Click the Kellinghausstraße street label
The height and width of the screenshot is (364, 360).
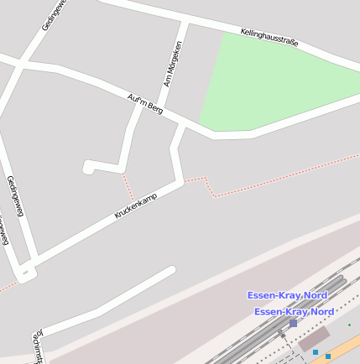coord(269,37)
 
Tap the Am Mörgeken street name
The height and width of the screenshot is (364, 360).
coord(173,64)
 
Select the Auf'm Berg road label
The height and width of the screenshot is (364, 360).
coord(144,103)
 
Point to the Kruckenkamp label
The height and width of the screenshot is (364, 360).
coord(135,205)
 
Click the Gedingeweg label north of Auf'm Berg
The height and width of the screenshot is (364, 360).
coord(55,14)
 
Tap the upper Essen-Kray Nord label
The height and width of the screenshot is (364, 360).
coord(286,295)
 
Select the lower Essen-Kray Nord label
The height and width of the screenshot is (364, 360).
coord(293,311)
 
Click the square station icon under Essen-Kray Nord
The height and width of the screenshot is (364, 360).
coord(293,323)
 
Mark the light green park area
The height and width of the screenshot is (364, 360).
coord(269,84)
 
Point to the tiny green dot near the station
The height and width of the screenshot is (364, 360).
coord(350,325)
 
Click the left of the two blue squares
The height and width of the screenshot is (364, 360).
coord(316,352)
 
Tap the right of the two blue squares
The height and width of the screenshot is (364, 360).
coord(328,356)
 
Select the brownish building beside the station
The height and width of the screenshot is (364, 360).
coord(313,339)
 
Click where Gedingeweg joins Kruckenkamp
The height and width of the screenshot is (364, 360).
coord(28,270)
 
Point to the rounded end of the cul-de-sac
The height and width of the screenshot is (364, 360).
coord(88,167)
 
